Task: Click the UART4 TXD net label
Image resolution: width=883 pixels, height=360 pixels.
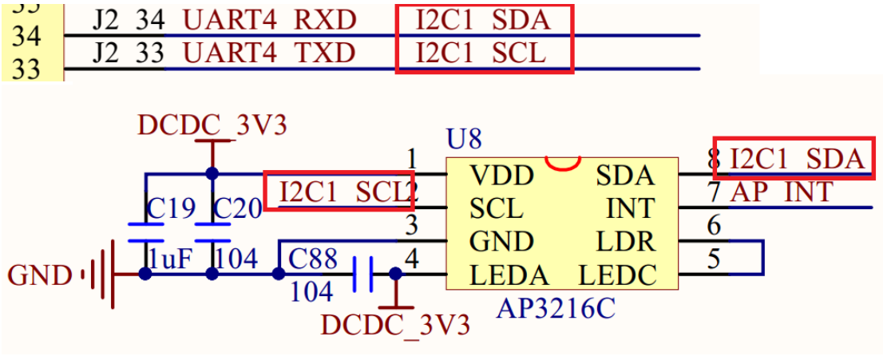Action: point(268,53)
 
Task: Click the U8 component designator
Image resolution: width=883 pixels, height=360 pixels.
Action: point(464,140)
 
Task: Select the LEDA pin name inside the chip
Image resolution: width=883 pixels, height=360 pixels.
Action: point(509,275)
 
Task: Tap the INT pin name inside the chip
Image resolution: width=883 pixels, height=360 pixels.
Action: point(631,208)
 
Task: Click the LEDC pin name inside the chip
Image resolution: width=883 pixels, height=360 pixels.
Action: point(617,275)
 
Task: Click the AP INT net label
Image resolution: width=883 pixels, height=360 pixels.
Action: point(782,192)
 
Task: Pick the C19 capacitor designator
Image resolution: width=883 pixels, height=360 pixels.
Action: point(171,209)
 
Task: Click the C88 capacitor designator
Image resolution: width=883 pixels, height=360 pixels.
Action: point(313,259)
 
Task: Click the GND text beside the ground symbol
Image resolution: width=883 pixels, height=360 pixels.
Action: point(39,276)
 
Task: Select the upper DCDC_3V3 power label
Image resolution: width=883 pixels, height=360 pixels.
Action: point(212,125)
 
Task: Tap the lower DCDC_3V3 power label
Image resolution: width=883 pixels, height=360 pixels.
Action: point(394,326)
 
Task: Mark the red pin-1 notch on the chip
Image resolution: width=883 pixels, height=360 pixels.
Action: point(562,164)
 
